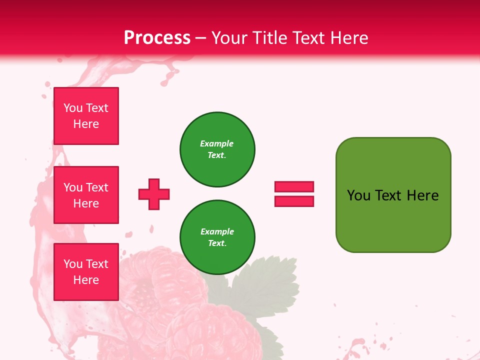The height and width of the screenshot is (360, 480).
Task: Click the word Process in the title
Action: (x=157, y=37)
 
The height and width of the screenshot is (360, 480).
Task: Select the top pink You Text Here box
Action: (x=86, y=116)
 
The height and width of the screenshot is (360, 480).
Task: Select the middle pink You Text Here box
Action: (x=86, y=195)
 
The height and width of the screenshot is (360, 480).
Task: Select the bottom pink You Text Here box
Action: (x=86, y=272)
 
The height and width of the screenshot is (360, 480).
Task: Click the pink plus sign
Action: (x=154, y=194)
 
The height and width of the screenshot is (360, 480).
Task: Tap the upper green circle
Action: (x=217, y=149)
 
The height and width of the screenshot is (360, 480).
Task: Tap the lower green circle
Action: (x=217, y=237)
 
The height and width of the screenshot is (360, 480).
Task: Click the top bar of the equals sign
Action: (x=294, y=187)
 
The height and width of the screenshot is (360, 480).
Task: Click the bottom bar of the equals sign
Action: (x=294, y=201)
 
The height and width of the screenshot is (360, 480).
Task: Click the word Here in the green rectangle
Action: (x=422, y=195)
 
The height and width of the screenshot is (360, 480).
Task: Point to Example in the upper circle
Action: (x=217, y=143)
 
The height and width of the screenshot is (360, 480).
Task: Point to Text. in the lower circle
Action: (x=217, y=243)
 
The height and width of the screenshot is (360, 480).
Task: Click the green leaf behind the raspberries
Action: (x=270, y=285)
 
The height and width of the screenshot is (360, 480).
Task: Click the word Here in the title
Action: (x=349, y=37)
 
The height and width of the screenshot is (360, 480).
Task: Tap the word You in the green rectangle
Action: (x=358, y=195)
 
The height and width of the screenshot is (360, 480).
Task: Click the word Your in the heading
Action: (x=229, y=37)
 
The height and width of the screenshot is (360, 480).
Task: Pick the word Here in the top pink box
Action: (x=86, y=124)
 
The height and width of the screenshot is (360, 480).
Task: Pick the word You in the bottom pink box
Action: (x=73, y=264)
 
